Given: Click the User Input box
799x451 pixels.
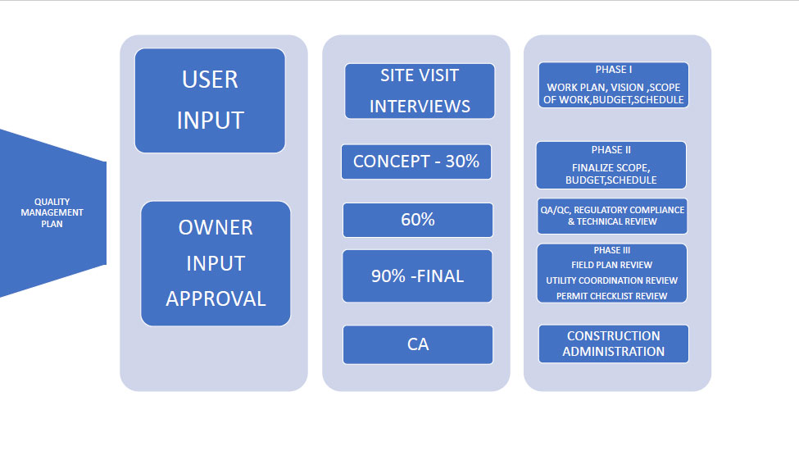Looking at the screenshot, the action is click(210, 100).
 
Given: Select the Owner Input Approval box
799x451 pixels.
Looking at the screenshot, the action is click(216, 263).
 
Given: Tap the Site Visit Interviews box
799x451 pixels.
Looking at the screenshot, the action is click(420, 91).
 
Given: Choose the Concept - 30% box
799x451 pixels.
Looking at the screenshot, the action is click(416, 162).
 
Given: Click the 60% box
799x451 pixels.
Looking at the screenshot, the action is click(418, 220).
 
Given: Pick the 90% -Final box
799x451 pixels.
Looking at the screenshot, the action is click(417, 276).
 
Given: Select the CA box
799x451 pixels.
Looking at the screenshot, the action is click(418, 344).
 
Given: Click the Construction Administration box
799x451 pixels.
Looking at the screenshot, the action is click(614, 344).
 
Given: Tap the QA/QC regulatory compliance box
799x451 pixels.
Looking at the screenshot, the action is click(612, 216).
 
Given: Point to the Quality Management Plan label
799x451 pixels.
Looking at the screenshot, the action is click(52, 212).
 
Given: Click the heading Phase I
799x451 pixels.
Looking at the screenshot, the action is click(614, 70).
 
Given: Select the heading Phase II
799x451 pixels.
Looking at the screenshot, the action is click(611, 150).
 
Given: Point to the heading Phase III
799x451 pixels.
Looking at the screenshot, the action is click(612, 250).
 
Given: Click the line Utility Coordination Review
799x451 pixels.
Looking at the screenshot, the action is click(612, 280).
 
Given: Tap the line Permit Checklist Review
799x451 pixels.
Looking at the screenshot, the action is click(611, 296).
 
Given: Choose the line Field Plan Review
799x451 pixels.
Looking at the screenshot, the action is click(611, 265).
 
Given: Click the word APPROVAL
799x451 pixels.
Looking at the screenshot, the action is click(216, 299).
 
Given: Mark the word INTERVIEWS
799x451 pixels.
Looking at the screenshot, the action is click(420, 107).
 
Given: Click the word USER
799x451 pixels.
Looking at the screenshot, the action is click(210, 80).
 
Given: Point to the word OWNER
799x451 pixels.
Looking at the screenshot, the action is click(216, 227).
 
